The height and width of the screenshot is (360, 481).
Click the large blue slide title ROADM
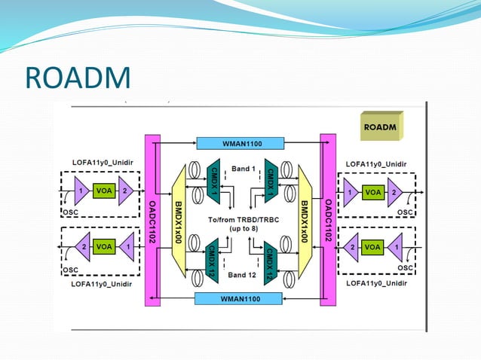[78, 78]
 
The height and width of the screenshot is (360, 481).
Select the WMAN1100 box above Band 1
[240, 142]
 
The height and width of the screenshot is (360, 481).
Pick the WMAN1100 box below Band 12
[239, 299]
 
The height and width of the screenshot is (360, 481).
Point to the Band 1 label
[243, 169]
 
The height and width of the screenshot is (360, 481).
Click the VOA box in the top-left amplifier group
[104, 191]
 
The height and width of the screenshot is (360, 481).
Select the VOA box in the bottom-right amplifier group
[372, 247]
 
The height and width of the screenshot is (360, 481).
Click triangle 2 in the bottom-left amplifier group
[81, 246]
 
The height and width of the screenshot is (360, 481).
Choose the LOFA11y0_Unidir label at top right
[376, 163]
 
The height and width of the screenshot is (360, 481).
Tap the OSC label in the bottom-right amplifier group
[404, 267]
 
